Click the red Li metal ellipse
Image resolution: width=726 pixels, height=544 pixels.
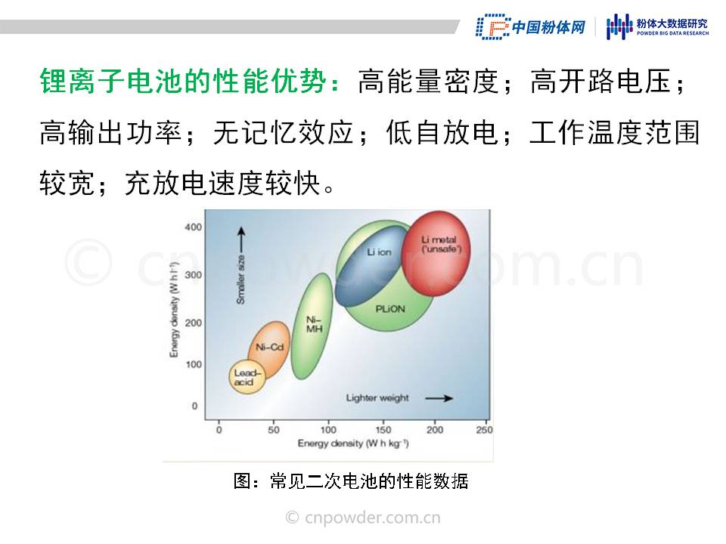click(x=436, y=254)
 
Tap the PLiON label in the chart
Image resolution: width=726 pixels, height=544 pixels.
click(x=390, y=309)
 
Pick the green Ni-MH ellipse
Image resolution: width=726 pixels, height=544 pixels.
click(x=312, y=326)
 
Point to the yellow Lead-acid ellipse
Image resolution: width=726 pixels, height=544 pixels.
click(x=247, y=377)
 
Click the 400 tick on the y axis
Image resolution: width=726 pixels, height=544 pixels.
click(x=193, y=227)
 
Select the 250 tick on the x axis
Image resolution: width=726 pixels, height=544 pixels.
click(x=484, y=430)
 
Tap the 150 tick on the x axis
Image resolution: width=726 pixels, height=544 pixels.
click(x=383, y=430)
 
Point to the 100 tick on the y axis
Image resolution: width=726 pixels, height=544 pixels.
click(x=194, y=364)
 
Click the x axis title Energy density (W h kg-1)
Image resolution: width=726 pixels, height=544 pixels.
click(x=353, y=444)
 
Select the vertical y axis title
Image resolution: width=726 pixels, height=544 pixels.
click(x=174, y=310)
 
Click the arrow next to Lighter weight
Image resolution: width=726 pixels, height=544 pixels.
click(x=439, y=398)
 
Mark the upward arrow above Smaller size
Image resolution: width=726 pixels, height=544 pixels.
click(x=240, y=240)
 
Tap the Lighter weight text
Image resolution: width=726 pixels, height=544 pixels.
click(x=377, y=398)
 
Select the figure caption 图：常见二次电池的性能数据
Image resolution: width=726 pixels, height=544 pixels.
click(x=351, y=481)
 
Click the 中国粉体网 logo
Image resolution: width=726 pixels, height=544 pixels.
click(x=531, y=27)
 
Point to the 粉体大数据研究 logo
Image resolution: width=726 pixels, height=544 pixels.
click(x=657, y=26)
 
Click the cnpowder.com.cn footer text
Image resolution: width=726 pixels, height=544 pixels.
click(x=363, y=518)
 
